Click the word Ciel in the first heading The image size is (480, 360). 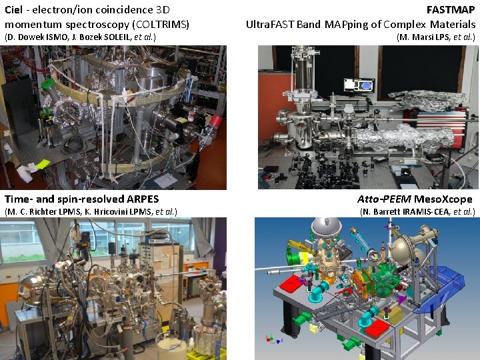click(14, 10)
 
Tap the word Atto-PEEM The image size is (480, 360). click(383, 199)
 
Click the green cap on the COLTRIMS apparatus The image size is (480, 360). click(47, 85)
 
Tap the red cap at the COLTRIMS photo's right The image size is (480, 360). click(215, 120)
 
